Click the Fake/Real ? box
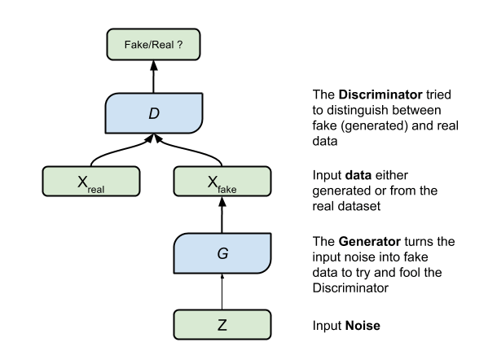(x=153, y=45)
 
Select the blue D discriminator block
(x=154, y=113)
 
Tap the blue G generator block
(x=222, y=253)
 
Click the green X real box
(x=91, y=182)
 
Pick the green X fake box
(x=222, y=182)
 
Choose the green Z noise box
(x=222, y=324)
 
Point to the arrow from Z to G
(x=222, y=292)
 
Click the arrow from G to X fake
(x=222, y=215)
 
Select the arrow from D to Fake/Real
(x=153, y=77)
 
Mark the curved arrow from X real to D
(x=121, y=151)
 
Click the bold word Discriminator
(x=380, y=94)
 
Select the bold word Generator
(x=369, y=241)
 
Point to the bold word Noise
(x=363, y=326)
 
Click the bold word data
(x=358, y=175)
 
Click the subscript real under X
(x=96, y=190)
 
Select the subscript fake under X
(x=226, y=189)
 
